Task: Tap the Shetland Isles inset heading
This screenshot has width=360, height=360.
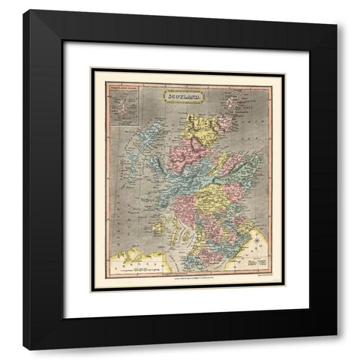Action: pos(122,86)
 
